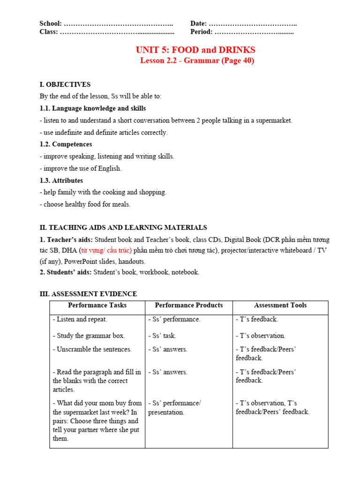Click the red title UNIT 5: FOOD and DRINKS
pos(195,50)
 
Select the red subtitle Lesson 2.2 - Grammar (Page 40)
pos(197,61)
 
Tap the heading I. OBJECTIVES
pos(65,84)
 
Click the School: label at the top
pos(51,24)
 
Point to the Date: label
pos(198,24)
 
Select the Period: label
pos(202,32)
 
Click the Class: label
pos(49,32)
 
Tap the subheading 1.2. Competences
pos(66,144)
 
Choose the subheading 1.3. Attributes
pos(61,180)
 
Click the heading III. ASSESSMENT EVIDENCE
pos(89,294)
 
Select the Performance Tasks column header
pos(97,305)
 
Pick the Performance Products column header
pos(189,305)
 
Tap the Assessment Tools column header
pos(280,305)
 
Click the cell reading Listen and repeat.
pos(80,319)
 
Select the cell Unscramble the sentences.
pos(92,349)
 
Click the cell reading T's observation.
pos(261,336)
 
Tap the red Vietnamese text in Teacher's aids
pos(107,251)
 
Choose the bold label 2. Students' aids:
pos(66,272)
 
